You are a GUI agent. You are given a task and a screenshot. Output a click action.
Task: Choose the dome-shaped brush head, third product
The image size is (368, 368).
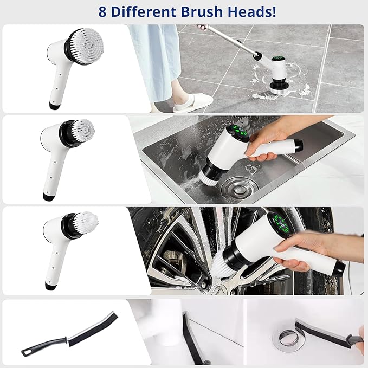coord(86,221)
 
